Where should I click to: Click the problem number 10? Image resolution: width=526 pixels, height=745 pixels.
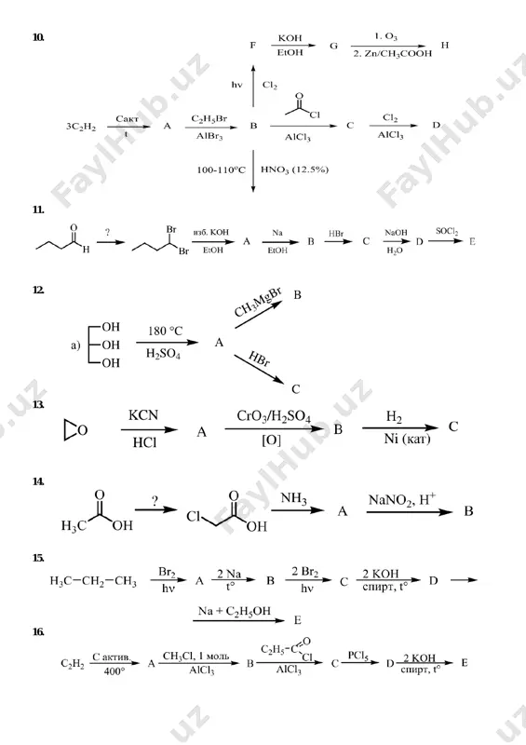pos(38,37)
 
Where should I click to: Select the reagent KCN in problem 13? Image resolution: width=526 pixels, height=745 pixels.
pos(143,415)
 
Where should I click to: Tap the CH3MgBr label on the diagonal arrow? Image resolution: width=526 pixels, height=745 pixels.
pos(258,304)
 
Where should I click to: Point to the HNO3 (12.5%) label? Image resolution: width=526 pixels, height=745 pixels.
pos(294,169)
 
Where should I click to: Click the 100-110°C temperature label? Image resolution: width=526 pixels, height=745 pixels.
pos(221,169)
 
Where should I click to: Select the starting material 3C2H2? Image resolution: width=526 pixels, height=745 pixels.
pos(81,127)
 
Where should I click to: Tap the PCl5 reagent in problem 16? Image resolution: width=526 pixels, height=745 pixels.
pos(358,656)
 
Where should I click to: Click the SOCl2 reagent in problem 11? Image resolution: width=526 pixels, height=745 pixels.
pos(447,232)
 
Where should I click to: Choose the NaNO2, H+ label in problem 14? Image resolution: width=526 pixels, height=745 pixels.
pos(402,499)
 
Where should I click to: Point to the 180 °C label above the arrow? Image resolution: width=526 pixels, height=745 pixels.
pos(165,331)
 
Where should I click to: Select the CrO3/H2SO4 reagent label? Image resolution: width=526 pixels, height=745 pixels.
pos(274,416)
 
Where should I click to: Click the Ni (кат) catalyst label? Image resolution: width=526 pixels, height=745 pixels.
pos(407,439)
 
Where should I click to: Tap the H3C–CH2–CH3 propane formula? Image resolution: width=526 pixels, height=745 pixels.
pos(93,581)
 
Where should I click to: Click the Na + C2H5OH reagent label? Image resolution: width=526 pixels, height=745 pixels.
pos(235,612)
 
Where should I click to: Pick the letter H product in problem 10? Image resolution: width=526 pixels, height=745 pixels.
pos(445,45)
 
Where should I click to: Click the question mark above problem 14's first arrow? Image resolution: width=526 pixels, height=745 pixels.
pos(155,501)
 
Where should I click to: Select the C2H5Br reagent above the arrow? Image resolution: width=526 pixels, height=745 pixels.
pos(209,119)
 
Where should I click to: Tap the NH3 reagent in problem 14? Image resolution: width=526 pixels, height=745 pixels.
pos(293,498)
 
